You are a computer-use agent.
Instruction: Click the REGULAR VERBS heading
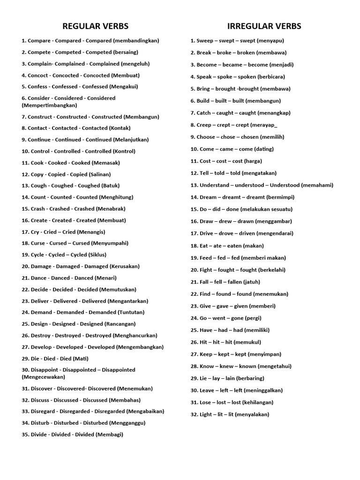click(x=95, y=26)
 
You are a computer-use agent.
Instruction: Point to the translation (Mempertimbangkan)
click(x=49, y=105)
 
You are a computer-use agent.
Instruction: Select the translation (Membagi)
click(x=109, y=435)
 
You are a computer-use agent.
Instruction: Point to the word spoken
click(x=247, y=77)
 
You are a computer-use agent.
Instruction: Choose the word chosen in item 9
click(x=250, y=137)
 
